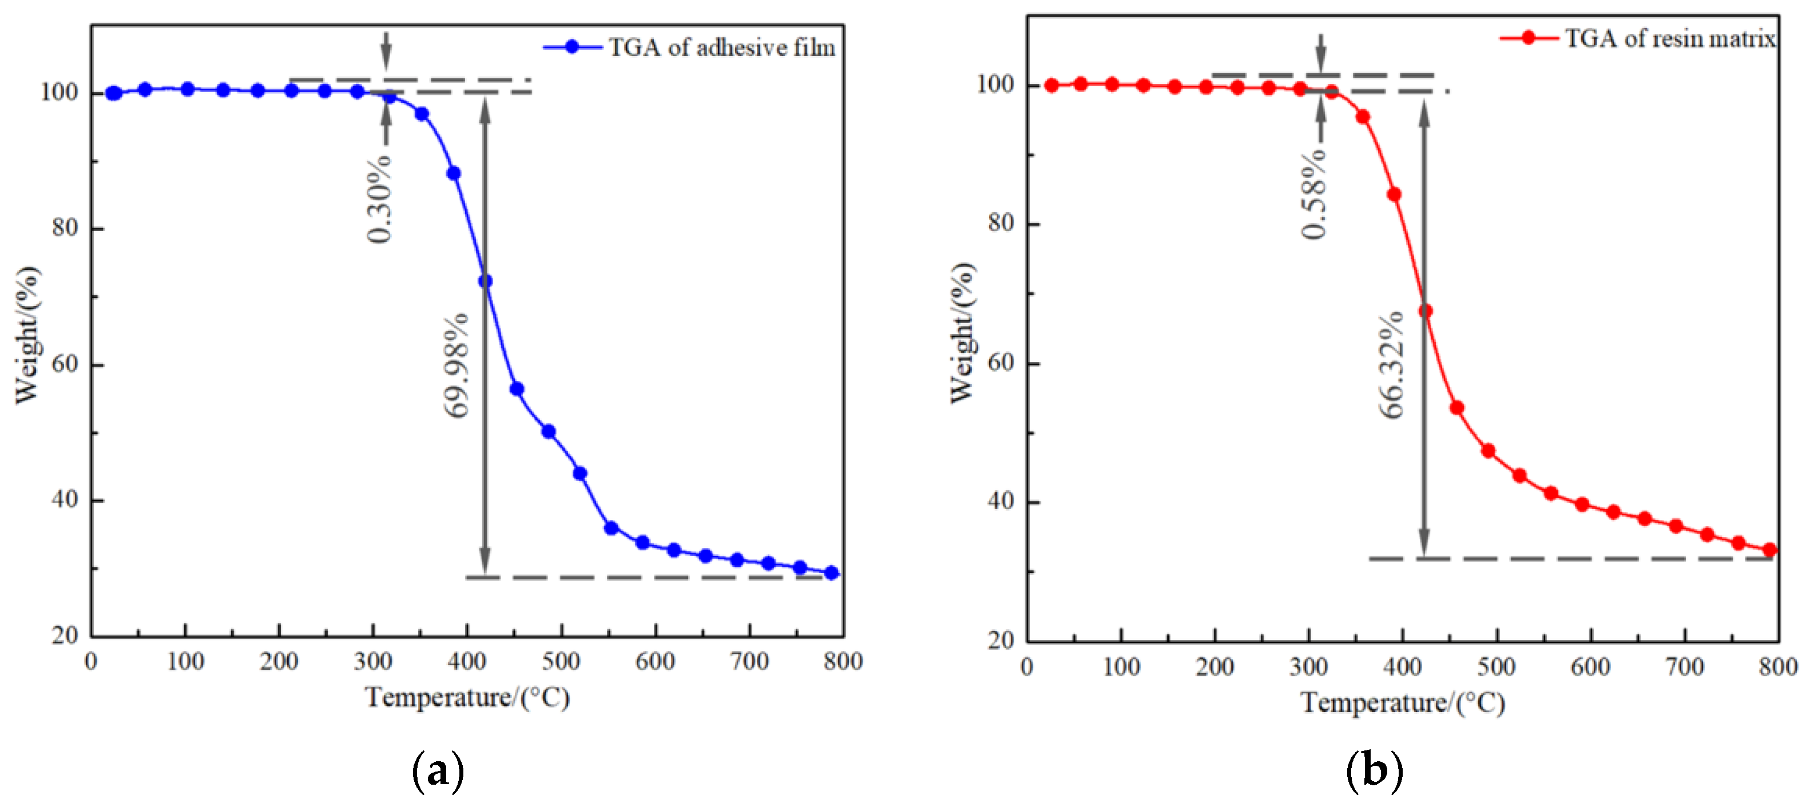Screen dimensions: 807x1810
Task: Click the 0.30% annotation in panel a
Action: [380, 199]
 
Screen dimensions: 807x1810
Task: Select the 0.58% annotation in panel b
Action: [1314, 194]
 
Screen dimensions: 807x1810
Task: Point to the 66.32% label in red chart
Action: [1391, 365]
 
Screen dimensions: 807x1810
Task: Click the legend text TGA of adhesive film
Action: [721, 48]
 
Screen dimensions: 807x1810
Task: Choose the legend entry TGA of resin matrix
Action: [1669, 39]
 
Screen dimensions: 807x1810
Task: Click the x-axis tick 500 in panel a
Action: [561, 661]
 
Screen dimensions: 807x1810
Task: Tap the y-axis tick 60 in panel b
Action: [1001, 363]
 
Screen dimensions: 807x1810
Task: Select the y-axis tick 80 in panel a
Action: [65, 228]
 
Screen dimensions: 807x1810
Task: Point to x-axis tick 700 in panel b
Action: [1684, 666]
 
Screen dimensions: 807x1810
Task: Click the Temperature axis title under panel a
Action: [467, 697]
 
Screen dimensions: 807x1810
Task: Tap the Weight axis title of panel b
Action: [963, 333]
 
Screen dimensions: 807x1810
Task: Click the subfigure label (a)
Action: [438, 771]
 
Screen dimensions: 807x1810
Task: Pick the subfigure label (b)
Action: [1374, 771]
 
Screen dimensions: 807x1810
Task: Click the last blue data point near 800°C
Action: [832, 573]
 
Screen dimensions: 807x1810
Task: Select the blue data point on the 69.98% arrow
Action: [485, 281]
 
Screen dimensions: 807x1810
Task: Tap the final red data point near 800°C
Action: [1770, 550]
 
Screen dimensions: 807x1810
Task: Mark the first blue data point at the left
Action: [113, 93]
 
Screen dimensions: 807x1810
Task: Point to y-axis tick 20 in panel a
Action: [65, 635]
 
